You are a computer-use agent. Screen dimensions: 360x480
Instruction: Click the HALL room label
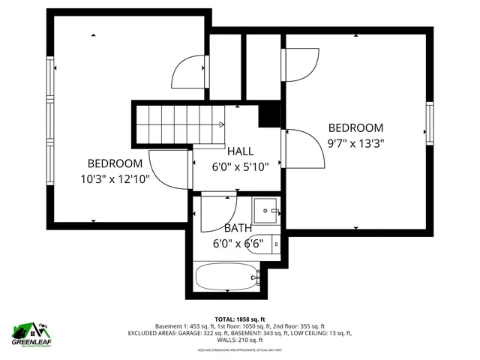click(240, 151)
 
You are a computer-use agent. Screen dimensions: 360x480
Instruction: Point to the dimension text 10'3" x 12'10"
click(115, 178)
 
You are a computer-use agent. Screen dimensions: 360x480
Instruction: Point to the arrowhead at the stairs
click(223, 124)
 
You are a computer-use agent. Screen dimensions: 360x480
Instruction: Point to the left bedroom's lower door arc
click(169, 170)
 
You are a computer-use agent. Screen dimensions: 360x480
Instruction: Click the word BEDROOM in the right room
click(355, 128)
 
